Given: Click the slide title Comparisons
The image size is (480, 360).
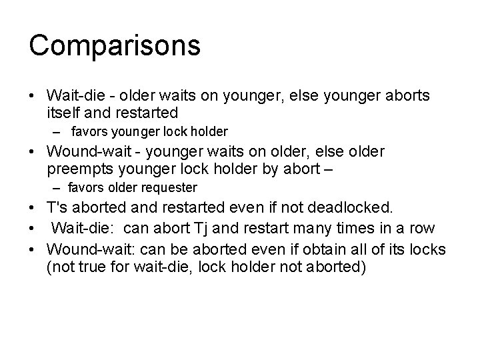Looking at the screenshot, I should pos(115,46).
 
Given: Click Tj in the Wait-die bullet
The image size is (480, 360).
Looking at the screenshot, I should pos(203,228).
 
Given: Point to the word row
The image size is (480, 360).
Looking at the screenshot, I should pos(421,228).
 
